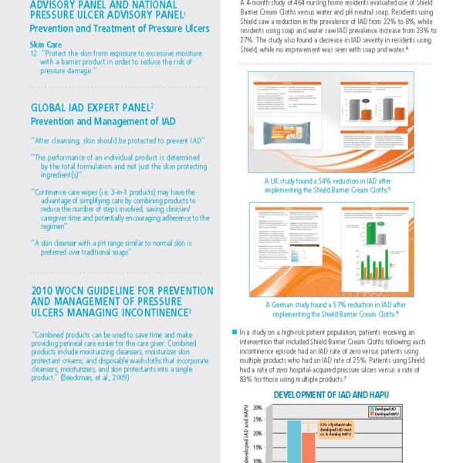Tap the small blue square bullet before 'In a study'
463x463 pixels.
(x=235, y=331)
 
